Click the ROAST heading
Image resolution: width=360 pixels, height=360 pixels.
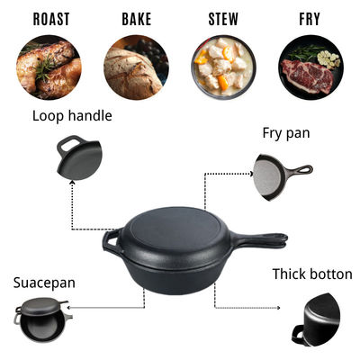(51, 19)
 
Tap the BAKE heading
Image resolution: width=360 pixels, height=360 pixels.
(137, 19)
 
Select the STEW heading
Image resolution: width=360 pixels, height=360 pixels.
(223, 19)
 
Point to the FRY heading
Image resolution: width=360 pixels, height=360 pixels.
(310, 19)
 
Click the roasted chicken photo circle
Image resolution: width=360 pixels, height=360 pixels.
(49, 67)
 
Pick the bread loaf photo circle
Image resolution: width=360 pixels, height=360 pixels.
(136, 67)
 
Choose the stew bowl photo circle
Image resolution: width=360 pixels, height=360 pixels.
(223, 67)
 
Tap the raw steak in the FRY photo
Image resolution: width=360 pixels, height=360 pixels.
(307, 75)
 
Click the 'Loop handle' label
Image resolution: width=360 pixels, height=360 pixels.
(72, 116)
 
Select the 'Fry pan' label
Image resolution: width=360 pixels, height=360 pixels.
(286, 133)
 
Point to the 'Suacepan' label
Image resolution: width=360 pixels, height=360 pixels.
(44, 283)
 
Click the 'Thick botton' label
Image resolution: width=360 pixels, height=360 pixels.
(312, 274)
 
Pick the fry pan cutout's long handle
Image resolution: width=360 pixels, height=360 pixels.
(299, 170)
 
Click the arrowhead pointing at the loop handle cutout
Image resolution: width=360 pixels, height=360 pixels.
(72, 183)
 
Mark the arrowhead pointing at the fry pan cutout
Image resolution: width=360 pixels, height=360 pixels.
(251, 173)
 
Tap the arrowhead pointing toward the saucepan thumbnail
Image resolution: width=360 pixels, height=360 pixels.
(68, 308)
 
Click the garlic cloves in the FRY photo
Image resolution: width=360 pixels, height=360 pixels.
(328, 58)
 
